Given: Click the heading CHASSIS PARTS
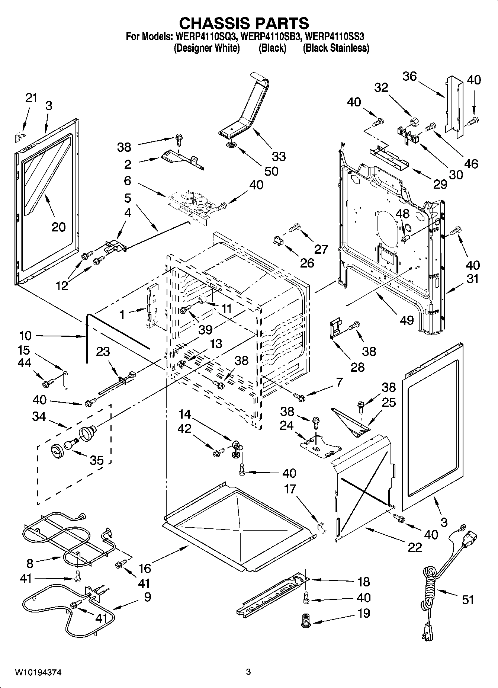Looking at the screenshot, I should pyautogui.click(x=244, y=23).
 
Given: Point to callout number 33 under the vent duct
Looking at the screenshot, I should pyautogui.click(x=279, y=156).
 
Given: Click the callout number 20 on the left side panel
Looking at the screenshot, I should pyautogui.click(x=58, y=227).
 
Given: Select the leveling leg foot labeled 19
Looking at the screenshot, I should pyautogui.click(x=306, y=621).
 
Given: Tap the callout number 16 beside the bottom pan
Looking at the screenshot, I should pyautogui.click(x=145, y=568).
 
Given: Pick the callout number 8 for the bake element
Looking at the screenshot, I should pyautogui.click(x=30, y=563).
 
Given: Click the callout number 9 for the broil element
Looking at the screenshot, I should pyautogui.click(x=147, y=597).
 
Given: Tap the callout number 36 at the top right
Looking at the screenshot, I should pyautogui.click(x=409, y=76).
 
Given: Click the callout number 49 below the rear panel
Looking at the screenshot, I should pyautogui.click(x=407, y=320).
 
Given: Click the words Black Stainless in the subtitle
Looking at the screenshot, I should pyautogui.click(x=336, y=48).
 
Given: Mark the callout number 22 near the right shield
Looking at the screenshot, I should pyautogui.click(x=415, y=547).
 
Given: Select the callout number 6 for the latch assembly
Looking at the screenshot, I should pyautogui.click(x=128, y=180).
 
